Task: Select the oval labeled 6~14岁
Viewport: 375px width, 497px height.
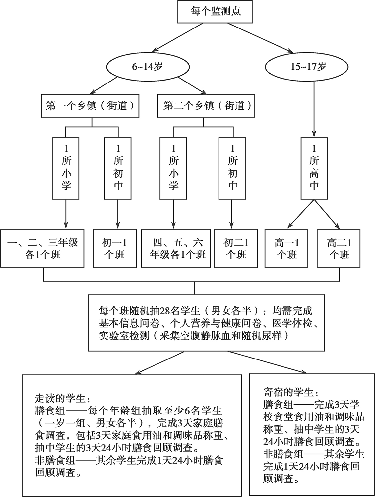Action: pyautogui.click(x=148, y=67)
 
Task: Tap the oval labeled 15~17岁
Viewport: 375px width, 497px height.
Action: pyautogui.click(x=307, y=67)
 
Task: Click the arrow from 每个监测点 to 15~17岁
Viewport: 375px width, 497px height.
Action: pyautogui.click(x=261, y=38)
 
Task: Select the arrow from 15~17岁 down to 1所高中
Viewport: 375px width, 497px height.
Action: pyautogui.click(x=314, y=109)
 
